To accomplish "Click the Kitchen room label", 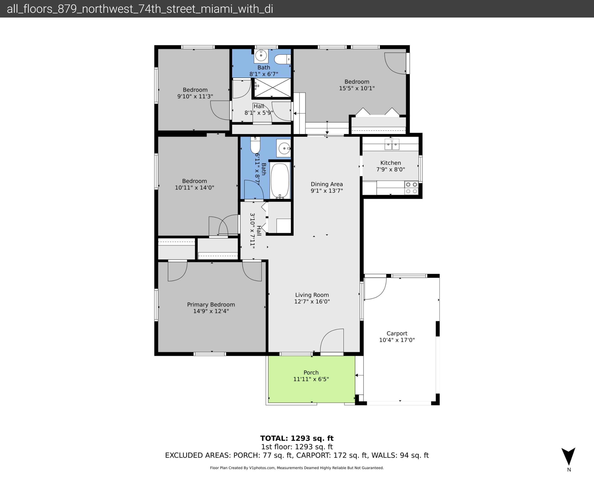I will click(390, 163).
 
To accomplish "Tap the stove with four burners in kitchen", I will click(411, 188).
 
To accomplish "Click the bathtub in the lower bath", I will click(280, 180).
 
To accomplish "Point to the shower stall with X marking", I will click(272, 88).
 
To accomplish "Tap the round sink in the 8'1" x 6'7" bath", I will click(261, 56).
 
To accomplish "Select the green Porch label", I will click(311, 372).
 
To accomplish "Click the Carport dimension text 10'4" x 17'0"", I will click(397, 340).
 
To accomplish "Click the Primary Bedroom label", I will click(211, 304).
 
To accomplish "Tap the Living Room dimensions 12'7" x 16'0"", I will click(312, 301).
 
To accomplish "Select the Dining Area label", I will click(327, 184).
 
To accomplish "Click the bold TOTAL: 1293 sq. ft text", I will click(297, 438).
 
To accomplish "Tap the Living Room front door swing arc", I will click(332, 340).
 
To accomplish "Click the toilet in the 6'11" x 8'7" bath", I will click(255, 145).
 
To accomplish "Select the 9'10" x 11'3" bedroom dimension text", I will click(195, 96).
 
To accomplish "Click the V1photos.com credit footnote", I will click(297, 468).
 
